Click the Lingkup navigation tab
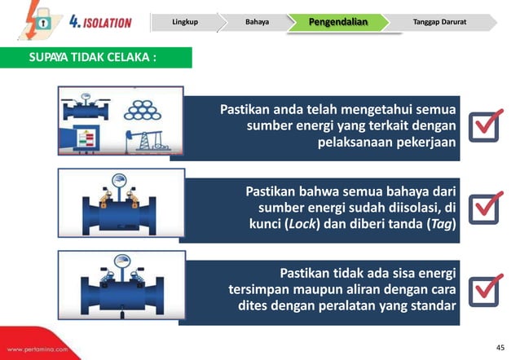185,21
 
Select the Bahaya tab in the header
257,21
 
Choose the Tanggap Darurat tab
439,21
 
